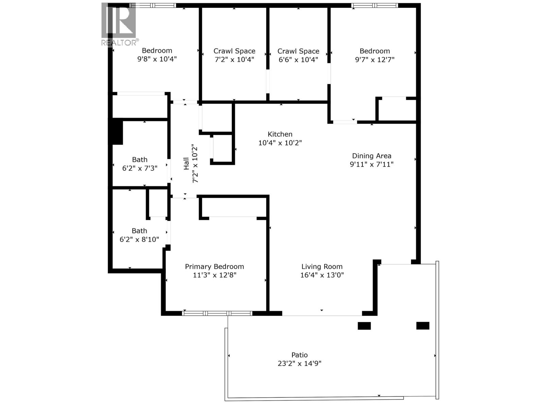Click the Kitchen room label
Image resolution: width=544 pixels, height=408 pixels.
click(280, 134)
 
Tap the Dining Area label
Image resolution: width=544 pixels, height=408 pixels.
click(371, 156)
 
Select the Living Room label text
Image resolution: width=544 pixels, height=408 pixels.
click(322, 267)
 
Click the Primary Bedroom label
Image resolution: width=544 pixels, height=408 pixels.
click(214, 267)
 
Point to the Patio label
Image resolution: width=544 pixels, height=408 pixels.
click(299, 355)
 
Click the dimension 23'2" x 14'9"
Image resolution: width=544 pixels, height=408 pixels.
click(299, 363)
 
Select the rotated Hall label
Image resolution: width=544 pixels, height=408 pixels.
click(186, 164)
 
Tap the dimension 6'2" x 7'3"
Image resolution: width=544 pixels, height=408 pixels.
click(139, 168)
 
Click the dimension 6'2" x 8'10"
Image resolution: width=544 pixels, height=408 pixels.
click(139, 240)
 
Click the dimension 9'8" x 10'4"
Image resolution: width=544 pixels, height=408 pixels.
click(157, 59)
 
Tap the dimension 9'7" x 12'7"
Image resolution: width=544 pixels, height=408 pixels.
click(374, 60)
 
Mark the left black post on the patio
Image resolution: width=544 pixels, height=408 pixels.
click(364, 326)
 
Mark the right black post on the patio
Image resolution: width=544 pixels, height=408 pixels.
click(423, 326)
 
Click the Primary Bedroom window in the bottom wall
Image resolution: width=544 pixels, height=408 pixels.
click(217, 313)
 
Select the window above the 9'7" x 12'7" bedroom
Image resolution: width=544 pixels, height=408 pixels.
click(374, 5)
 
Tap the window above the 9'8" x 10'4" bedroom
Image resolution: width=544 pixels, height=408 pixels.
click(153, 5)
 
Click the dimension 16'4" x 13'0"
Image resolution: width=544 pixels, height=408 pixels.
click(322, 275)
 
